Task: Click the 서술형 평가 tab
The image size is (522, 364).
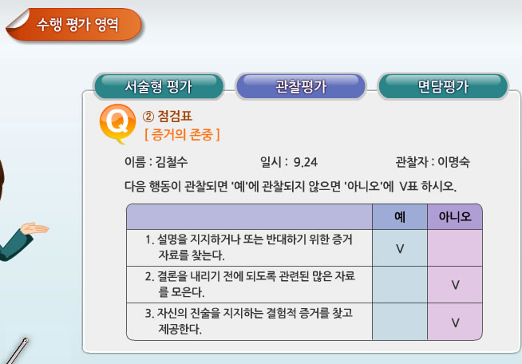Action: pos(159,86)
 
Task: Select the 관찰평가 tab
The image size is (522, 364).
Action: pos(301,86)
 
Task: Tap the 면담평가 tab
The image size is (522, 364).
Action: pos(443,86)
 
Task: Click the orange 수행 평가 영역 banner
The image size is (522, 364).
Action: pos(74,25)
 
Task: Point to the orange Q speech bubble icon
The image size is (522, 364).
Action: pos(117,123)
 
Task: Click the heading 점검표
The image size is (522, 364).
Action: pos(175,117)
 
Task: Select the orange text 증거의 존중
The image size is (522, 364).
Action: pos(182,135)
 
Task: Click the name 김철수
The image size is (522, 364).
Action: pos(172,162)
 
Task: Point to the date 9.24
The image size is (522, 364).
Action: pos(305,162)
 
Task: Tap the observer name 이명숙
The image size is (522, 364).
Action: pos(453,162)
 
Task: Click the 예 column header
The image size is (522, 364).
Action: pos(400,217)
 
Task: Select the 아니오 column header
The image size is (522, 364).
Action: pos(455,217)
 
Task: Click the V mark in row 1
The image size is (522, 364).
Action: pos(400,248)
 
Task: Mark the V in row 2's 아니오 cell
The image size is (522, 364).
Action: pos(455,285)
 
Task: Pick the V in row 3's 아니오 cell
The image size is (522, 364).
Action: pos(455,322)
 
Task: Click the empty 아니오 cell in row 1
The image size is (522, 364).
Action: pos(455,247)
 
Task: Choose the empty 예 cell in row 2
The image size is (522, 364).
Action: pos(400,285)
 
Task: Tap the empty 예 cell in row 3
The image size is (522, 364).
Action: pos(400,322)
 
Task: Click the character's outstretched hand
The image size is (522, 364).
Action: pos(34,228)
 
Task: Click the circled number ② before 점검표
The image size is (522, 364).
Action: pos(148,117)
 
